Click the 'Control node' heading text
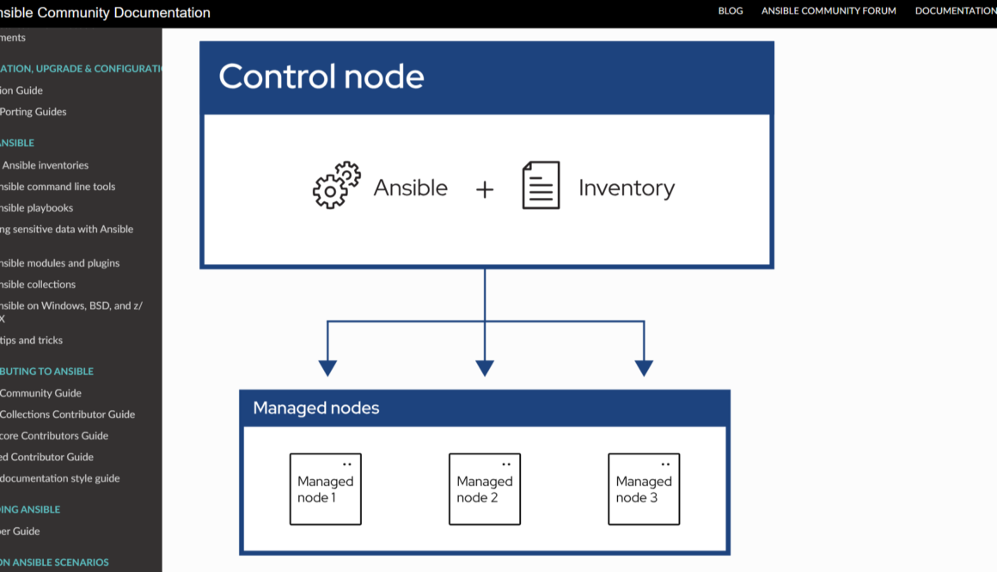(321, 77)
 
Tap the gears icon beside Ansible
(336, 185)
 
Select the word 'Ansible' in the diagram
(410, 188)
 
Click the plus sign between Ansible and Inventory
(485, 190)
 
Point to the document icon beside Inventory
(541, 185)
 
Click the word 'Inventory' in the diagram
(627, 188)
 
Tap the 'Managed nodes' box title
(315, 408)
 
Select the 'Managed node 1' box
(325, 489)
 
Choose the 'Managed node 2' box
(485, 489)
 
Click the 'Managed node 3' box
(644, 489)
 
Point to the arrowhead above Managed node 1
(327, 368)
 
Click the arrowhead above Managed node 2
(485, 368)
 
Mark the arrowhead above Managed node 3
(644, 368)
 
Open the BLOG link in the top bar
(731, 11)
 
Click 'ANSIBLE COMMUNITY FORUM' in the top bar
(829, 11)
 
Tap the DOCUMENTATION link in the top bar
(955, 11)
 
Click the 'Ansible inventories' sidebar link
(45, 165)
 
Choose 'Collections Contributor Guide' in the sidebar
(67, 415)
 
